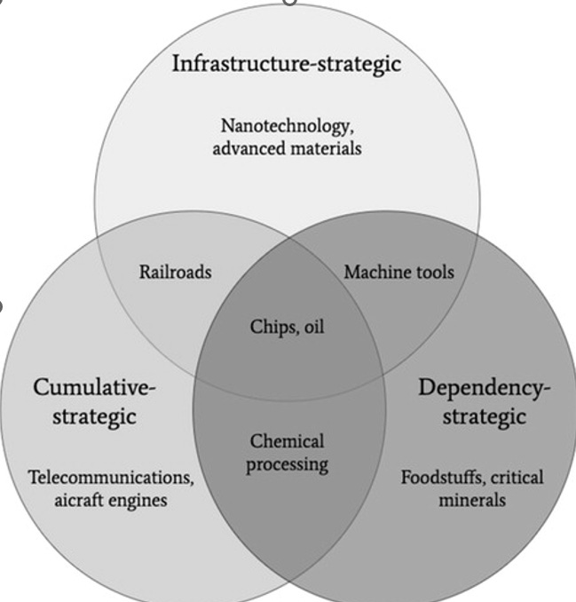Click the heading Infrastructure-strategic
[x=287, y=64]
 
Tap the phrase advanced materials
[x=287, y=147]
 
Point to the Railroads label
[x=175, y=272]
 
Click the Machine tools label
[x=398, y=271]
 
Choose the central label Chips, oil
[x=287, y=327]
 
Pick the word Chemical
[x=287, y=441]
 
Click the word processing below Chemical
[x=287, y=463]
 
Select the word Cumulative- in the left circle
[x=95, y=388]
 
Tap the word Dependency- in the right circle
[x=484, y=388]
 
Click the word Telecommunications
[x=111, y=478]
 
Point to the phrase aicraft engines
[x=111, y=500]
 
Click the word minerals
[x=472, y=500]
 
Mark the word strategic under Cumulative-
[x=94, y=416]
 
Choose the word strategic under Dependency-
[x=484, y=416]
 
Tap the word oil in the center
[x=312, y=327]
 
